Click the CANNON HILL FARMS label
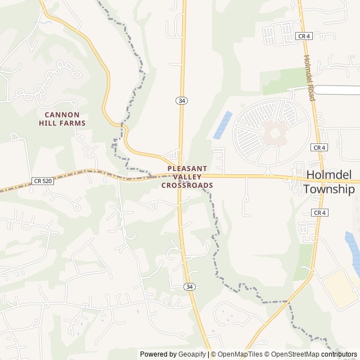click(x=62, y=118)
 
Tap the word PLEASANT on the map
click(x=187, y=168)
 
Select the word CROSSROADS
click(x=187, y=185)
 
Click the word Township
click(x=329, y=189)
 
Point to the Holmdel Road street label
click(x=309, y=78)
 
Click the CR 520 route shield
click(x=43, y=181)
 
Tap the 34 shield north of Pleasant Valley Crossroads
click(x=181, y=100)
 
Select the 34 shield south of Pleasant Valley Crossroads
click(x=190, y=287)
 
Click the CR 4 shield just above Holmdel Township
click(x=319, y=147)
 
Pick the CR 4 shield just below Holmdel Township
click(x=319, y=213)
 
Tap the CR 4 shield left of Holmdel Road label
click(x=304, y=36)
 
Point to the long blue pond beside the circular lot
click(x=223, y=125)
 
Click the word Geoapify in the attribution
click(x=192, y=354)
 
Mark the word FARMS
click(x=74, y=123)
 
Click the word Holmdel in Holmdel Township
click(x=329, y=175)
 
